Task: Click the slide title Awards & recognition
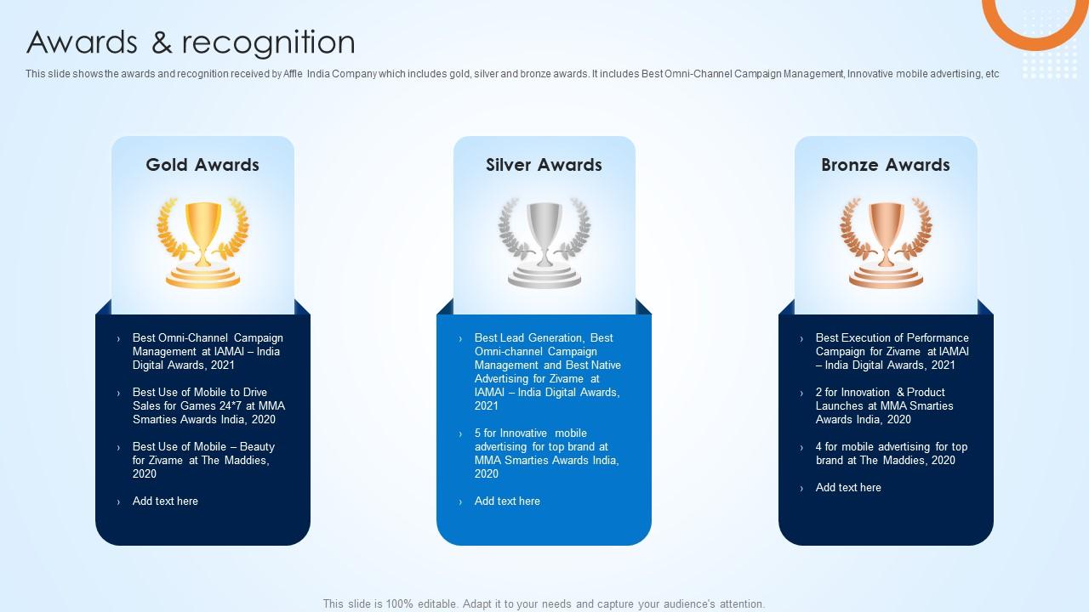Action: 191,42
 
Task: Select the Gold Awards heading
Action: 202,165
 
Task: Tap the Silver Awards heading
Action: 544,165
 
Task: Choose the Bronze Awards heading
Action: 885,165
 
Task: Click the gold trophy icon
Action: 202,243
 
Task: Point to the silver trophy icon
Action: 544,243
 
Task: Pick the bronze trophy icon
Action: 885,243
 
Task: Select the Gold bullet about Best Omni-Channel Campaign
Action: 207,351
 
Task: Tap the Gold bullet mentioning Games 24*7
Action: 208,405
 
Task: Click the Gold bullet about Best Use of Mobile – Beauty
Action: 203,460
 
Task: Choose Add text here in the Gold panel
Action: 165,501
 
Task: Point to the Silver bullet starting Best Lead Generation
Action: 547,371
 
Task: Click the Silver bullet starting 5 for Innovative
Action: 546,453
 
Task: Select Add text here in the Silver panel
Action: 507,501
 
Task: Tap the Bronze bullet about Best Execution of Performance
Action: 892,351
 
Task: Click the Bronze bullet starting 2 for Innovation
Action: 884,405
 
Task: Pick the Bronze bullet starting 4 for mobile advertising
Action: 891,453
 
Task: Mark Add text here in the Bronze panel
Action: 848,487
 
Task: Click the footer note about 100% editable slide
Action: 544,603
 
